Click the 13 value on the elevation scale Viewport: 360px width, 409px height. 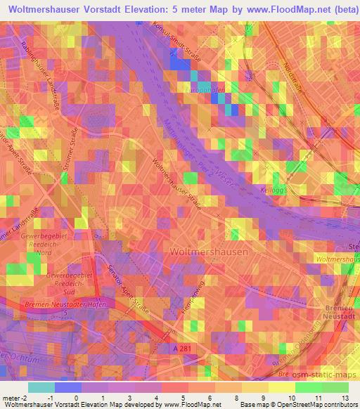345,398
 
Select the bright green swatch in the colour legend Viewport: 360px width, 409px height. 307,387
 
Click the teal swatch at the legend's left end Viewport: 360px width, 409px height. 41,387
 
